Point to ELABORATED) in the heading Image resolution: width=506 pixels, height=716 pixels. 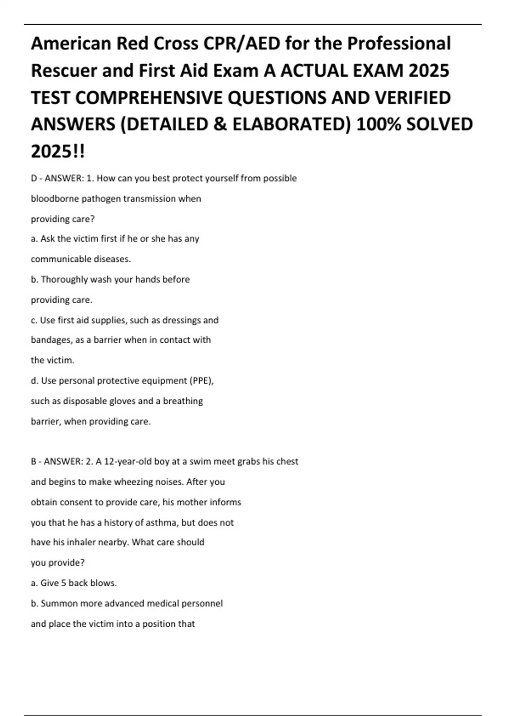291,125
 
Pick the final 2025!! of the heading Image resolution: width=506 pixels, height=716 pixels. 58,152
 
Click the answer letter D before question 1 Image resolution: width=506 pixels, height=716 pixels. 34,178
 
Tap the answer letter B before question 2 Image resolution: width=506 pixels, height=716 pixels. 34,462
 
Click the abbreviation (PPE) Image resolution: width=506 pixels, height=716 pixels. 202,381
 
